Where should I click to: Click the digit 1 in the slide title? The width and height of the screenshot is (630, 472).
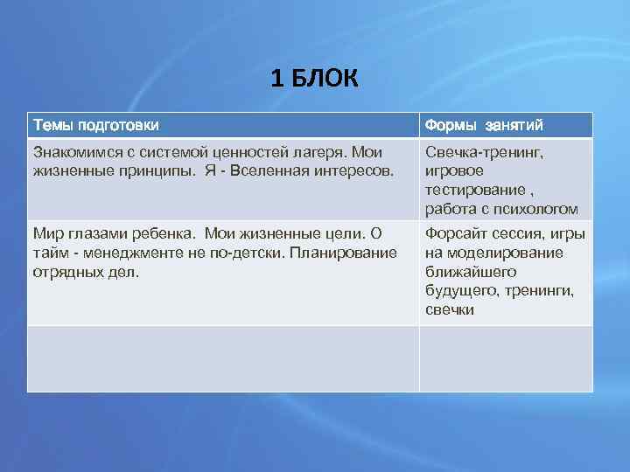(276, 80)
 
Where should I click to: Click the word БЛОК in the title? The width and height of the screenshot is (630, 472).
(325, 80)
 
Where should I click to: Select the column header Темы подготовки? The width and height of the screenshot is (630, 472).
(96, 125)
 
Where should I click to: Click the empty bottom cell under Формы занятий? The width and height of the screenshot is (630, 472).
(505, 358)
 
